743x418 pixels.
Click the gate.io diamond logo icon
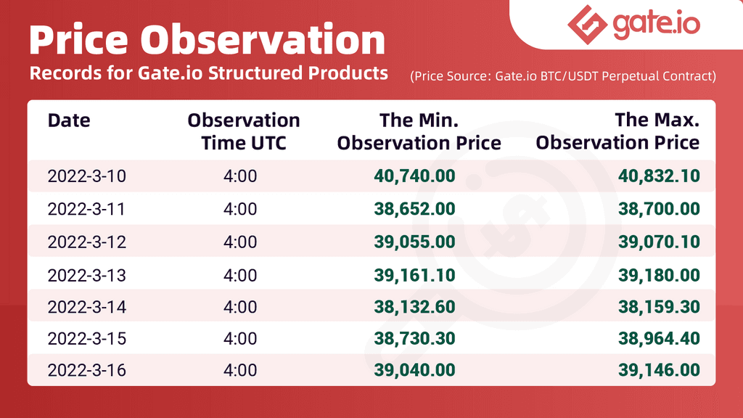[588, 25]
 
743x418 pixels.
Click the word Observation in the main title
[263, 40]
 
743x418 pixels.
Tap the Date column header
[69, 120]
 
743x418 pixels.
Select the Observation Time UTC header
[244, 131]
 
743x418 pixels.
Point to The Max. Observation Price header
[617, 131]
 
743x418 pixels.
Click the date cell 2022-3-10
[87, 176]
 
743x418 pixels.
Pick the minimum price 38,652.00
[414, 209]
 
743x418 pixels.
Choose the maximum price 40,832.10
[659, 176]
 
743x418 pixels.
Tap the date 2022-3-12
[87, 242]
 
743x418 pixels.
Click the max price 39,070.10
[659, 242]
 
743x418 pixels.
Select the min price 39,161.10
[414, 275]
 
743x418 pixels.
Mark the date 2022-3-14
[87, 307]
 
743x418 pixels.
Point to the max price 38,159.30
[659, 307]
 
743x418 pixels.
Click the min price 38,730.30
[414, 339]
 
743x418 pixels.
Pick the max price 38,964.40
[659, 339]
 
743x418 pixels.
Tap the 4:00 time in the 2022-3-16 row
[240, 370]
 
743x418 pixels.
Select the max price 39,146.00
[659, 370]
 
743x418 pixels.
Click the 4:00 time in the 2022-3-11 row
[240, 209]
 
